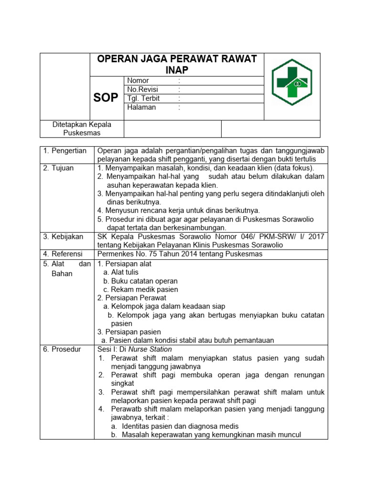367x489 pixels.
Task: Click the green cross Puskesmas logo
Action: click(291, 86)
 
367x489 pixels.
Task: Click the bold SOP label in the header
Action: click(106, 98)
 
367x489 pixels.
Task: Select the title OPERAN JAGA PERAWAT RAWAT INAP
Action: click(177, 64)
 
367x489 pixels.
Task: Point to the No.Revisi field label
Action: click(142, 90)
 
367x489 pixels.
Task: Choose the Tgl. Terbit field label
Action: click(143, 98)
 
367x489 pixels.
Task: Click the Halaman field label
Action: click(141, 107)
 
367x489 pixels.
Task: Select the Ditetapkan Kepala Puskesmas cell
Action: click(81, 129)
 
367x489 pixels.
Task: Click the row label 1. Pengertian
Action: click(65, 151)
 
